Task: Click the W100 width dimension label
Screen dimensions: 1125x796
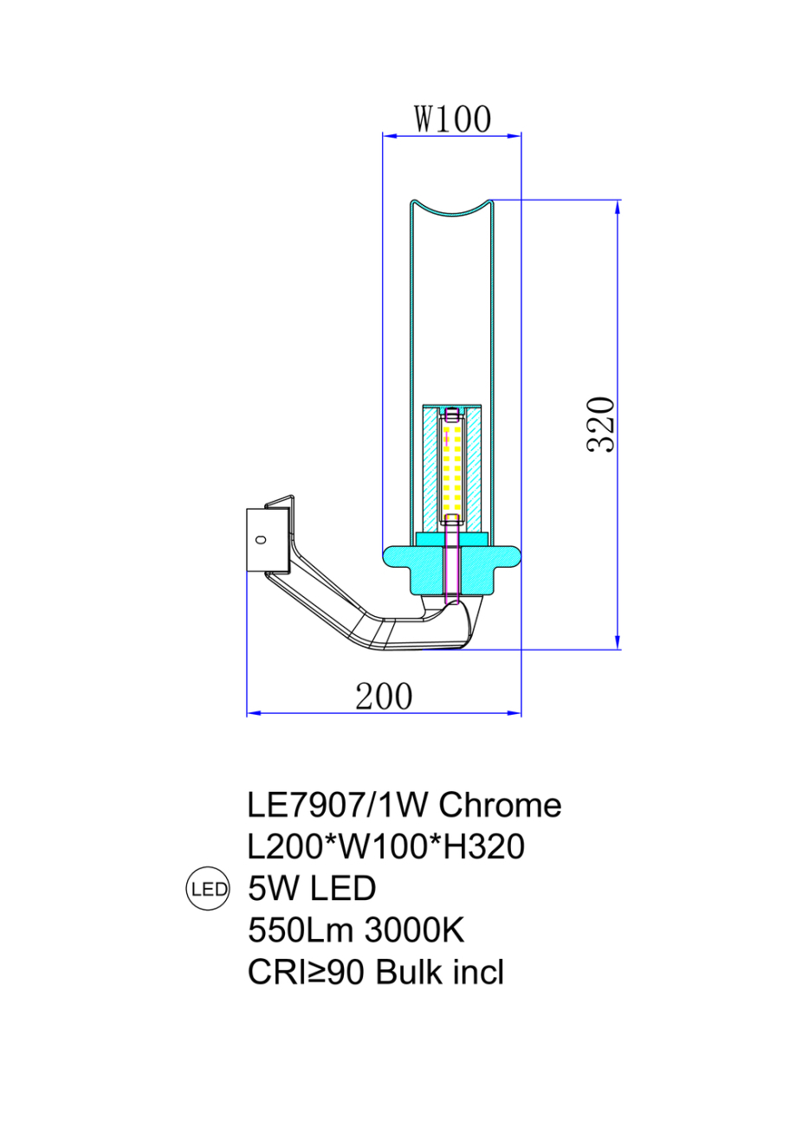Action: [x=451, y=119]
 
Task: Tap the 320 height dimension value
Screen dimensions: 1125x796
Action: [x=600, y=424]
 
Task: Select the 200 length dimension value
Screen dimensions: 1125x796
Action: [x=384, y=695]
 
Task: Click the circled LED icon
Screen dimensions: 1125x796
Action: [x=209, y=889]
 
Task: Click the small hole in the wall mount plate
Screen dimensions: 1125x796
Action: [x=259, y=540]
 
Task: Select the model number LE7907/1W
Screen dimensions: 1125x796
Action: [x=339, y=806]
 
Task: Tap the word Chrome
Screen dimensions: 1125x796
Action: [x=500, y=806]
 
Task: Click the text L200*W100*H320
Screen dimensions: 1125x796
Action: [x=385, y=847]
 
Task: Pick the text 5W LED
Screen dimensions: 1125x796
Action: [x=311, y=889]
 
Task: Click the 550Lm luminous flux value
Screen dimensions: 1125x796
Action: [x=300, y=931]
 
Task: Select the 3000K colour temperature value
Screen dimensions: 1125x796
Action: [x=415, y=931]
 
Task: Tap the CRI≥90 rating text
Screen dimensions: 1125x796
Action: [x=307, y=973]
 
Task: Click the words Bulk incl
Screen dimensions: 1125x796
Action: [x=440, y=973]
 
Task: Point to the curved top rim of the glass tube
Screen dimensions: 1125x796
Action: [x=451, y=209]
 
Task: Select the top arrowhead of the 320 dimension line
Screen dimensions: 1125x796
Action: [x=618, y=206]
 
